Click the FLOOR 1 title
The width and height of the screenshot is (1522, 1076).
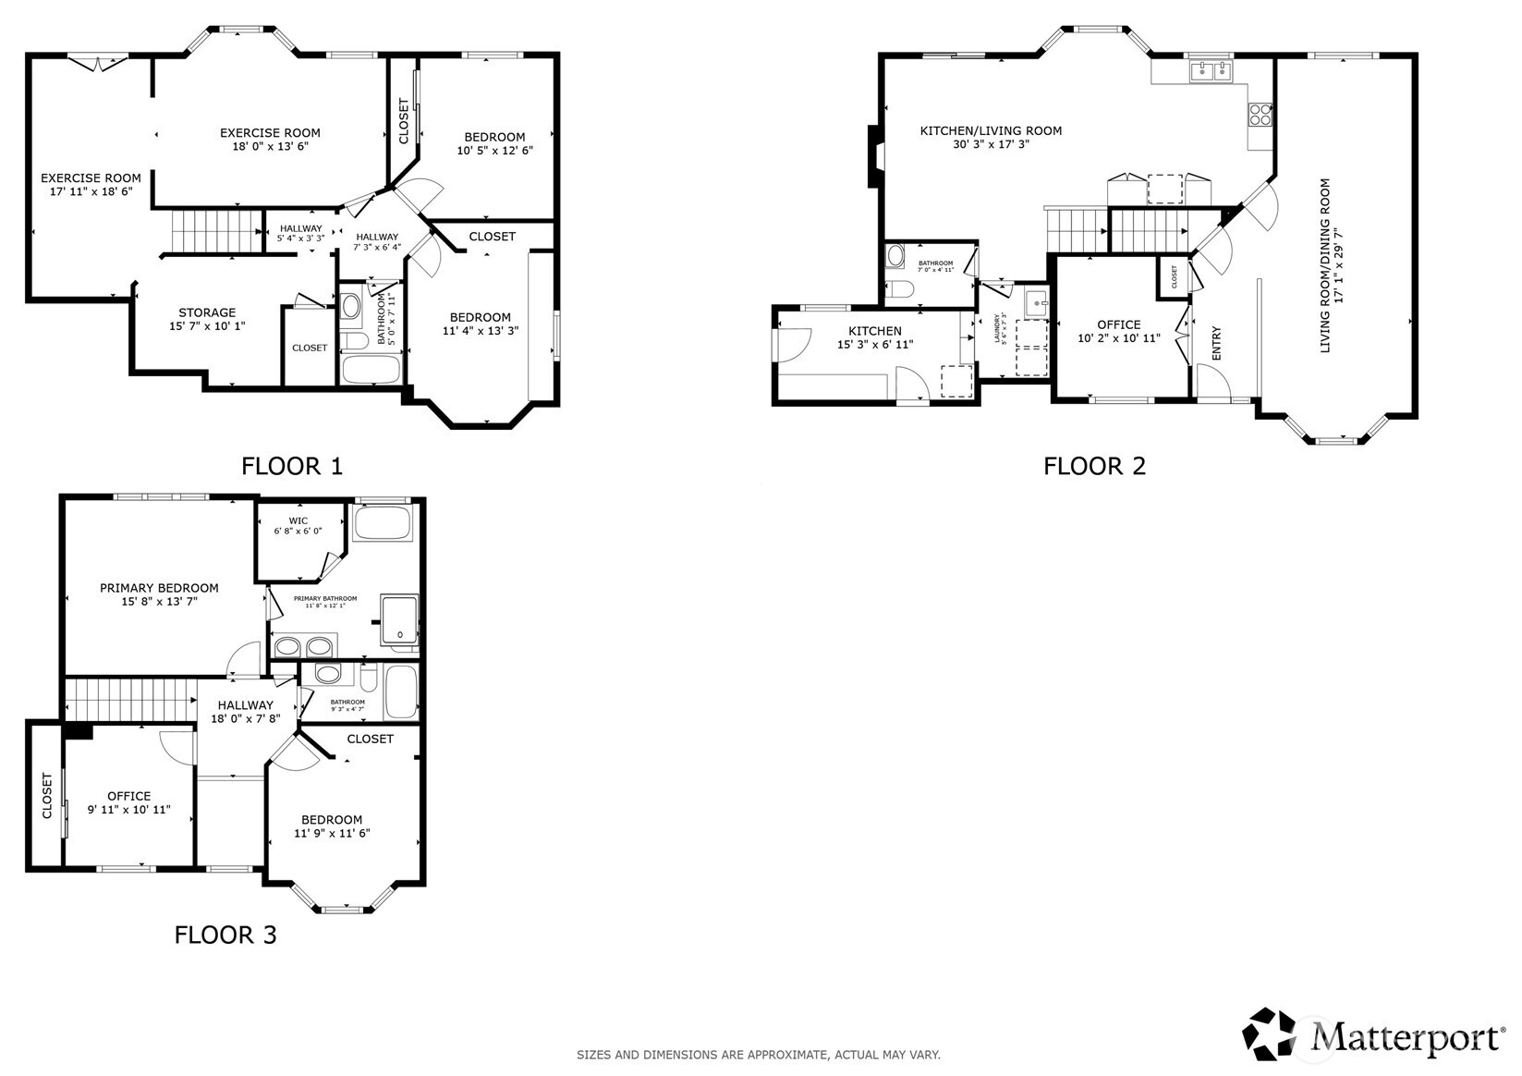point(291,466)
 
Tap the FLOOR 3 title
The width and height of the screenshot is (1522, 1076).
point(225,935)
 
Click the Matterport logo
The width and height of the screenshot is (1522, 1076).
point(1375,1034)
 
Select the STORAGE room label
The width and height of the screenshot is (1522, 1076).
point(207,312)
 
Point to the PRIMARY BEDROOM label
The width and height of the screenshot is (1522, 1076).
point(159,588)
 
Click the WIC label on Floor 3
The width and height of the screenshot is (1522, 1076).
point(298,520)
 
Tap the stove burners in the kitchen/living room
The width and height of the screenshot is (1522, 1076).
point(1260,115)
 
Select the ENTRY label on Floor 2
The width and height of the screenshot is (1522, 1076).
point(1216,343)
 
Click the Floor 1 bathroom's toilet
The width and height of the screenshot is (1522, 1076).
point(350,306)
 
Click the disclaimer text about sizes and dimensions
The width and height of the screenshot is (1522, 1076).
point(758,1055)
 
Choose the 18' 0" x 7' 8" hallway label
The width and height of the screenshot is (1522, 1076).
point(245,718)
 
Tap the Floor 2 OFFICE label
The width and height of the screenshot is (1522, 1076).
point(1118,324)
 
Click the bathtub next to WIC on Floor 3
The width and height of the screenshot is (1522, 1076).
point(383,522)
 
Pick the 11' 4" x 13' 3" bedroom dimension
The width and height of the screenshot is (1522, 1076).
point(480,330)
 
